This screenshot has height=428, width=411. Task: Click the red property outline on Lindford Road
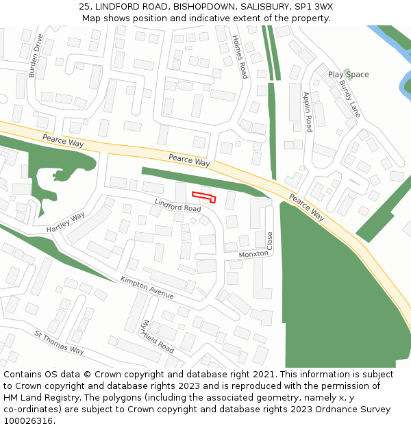204,197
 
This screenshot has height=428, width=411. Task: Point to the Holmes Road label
239,57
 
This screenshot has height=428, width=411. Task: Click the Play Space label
348,75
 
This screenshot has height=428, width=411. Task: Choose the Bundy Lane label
349,98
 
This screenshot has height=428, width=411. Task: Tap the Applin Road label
308,112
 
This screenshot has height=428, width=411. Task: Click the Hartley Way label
66,221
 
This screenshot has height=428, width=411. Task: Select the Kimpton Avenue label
147,288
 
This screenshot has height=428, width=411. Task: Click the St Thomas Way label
59,342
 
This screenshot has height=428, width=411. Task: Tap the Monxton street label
253,255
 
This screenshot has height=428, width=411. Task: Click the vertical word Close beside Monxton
269,240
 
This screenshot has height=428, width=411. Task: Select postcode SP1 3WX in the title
314,6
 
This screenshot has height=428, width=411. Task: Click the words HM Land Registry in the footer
36,398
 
